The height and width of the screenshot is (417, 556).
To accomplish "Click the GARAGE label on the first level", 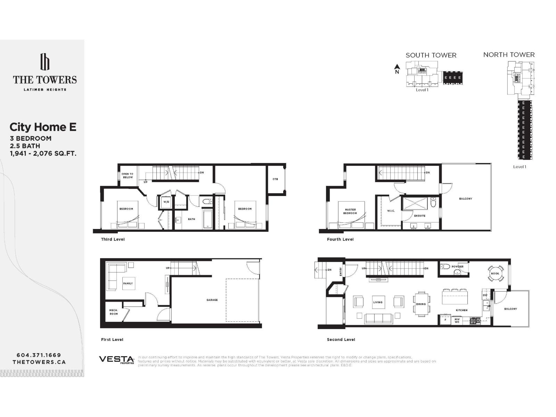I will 212,300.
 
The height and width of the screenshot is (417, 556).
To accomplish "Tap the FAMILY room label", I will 128,284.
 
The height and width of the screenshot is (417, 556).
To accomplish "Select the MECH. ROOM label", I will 114,312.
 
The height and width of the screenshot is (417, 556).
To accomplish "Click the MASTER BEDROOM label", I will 350,211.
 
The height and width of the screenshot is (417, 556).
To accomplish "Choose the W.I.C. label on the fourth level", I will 391,211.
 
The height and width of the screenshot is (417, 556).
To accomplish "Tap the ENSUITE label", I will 420,216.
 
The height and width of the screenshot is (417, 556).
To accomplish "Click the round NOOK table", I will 495,273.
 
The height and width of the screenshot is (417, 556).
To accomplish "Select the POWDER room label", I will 458,267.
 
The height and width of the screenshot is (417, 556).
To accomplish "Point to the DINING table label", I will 421,304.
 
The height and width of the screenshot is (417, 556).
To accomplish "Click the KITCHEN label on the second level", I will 461,310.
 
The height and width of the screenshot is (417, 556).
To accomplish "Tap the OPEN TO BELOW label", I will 128,175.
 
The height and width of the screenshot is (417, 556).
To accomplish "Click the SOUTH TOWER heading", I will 431,55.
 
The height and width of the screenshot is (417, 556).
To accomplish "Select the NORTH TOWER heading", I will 509,55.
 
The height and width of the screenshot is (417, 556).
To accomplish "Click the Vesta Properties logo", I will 116,360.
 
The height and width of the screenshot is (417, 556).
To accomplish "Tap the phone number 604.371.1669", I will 39,355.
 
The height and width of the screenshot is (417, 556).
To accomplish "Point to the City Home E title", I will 43,127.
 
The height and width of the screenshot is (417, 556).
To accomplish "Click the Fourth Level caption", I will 340,239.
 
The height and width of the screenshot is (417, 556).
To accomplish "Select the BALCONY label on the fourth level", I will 465,199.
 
